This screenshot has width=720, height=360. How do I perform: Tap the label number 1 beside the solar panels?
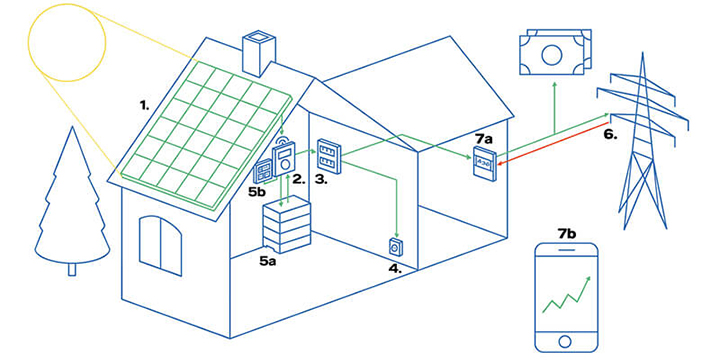[x=145, y=106]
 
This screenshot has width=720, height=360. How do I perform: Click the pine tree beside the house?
[x=72, y=202]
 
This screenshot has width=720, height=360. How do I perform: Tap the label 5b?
[x=257, y=192]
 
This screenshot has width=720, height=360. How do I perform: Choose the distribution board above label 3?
[x=329, y=156]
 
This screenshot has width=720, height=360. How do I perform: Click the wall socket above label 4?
[x=394, y=248]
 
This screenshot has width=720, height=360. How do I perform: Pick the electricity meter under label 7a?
[x=484, y=163]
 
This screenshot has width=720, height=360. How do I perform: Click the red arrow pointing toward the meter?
[x=553, y=142]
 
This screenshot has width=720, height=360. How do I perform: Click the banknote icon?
[x=555, y=51]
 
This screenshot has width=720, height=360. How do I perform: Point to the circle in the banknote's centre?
[x=551, y=56]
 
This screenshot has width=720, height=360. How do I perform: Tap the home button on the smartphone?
[x=565, y=342]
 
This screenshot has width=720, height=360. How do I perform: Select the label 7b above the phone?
[x=566, y=234]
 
